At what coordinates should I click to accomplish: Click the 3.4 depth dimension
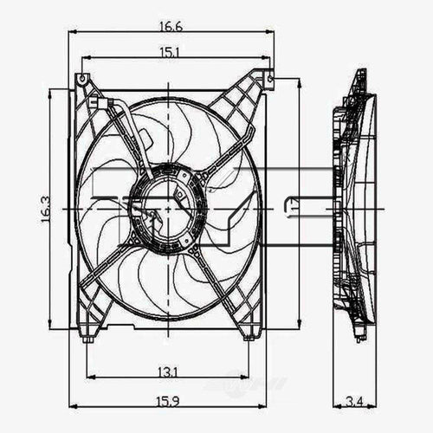point(356,400)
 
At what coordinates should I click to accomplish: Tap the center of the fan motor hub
point(166,208)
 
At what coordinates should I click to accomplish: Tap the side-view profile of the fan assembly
point(355,208)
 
